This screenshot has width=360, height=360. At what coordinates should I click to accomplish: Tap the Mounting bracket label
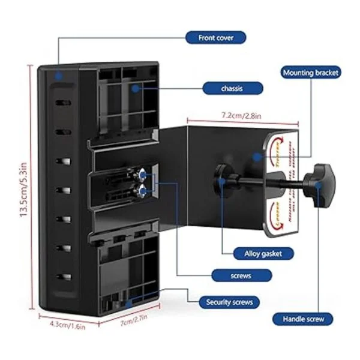pyautogui.click(x=310, y=73)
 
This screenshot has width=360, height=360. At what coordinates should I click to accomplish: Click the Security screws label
pyautogui.click(x=229, y=302)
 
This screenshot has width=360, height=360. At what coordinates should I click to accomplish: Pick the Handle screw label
pyautogui.click(x=303, y=319)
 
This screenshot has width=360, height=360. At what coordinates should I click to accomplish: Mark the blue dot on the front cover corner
pyautogui.click(x=58, y=76)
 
